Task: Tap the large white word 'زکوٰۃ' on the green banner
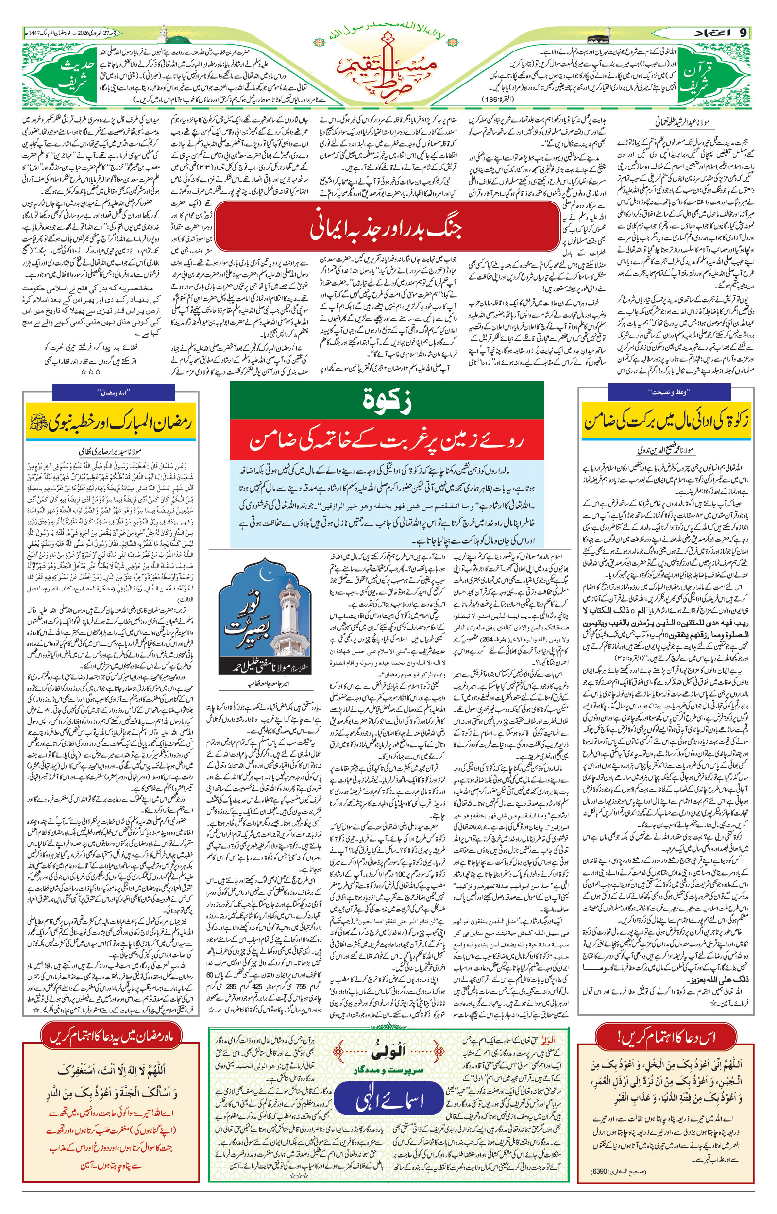tap(387, 401)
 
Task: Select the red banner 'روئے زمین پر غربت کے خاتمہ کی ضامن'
tap(387, 441)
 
